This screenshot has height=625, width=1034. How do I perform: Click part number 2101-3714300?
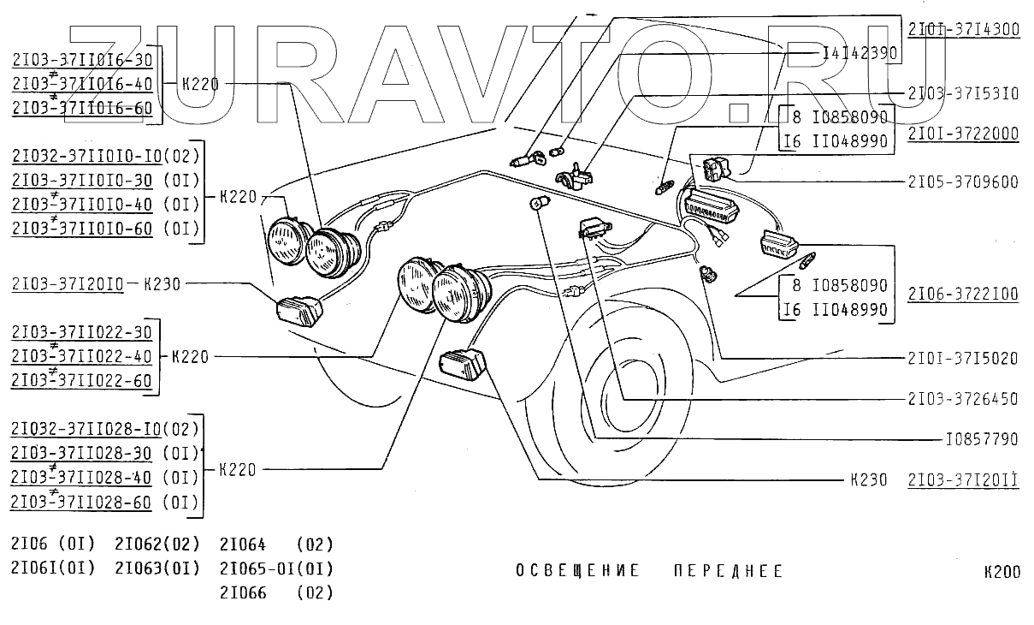(963, 29)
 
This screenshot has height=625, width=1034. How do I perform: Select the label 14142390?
(859, 53)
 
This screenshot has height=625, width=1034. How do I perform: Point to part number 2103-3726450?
(963, 399)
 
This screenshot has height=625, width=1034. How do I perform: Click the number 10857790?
(981, 439)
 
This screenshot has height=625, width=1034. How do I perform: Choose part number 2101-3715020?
(963, 359)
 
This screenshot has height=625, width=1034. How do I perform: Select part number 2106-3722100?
(963, 294)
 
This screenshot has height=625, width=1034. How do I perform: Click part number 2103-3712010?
(68, 284)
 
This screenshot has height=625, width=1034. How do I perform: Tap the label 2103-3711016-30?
(82, 60)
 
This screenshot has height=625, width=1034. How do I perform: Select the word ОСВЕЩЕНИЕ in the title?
(577, 571)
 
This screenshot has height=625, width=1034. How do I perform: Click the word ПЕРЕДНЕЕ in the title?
(727, 571)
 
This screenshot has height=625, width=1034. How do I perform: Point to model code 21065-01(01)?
(276, 568)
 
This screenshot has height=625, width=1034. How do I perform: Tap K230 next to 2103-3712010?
(161, 284)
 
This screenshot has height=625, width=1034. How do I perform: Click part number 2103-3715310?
(963, 93)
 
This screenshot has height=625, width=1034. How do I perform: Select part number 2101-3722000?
(963, 134)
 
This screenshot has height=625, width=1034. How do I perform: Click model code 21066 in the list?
(243, 592)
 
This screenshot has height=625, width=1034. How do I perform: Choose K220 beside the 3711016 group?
(201, 84)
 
